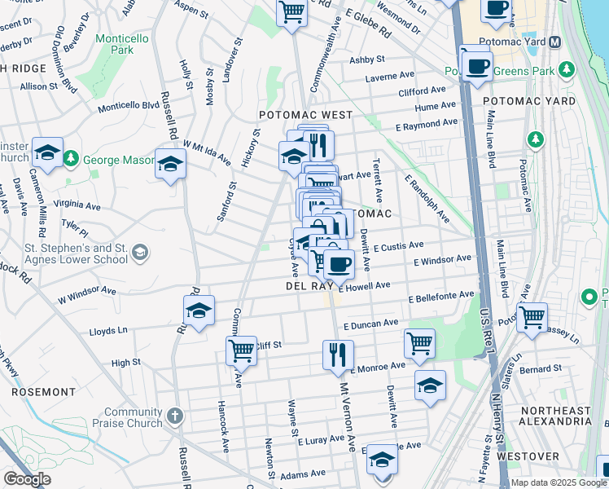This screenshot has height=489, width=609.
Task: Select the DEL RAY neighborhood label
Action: tap(307, 287)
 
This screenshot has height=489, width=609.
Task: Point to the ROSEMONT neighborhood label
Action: tap(43, 392)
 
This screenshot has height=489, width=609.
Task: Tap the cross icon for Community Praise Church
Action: tap(175, 417)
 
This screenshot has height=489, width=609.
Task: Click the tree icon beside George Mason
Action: tap(72, 158)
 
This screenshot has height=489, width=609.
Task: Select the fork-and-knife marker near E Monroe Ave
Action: tap(338, 355)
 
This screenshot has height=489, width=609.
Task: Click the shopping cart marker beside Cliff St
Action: tap(241, 350)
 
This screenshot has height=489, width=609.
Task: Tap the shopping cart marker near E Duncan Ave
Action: tap(419, 342)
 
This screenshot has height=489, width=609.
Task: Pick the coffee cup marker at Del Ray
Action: tap(339, 263)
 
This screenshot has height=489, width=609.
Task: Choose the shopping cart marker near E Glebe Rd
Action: tap(291, 12)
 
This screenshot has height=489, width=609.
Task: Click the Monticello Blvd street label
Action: tap(128, 106)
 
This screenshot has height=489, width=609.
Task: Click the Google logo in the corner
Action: tap(27, 479)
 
